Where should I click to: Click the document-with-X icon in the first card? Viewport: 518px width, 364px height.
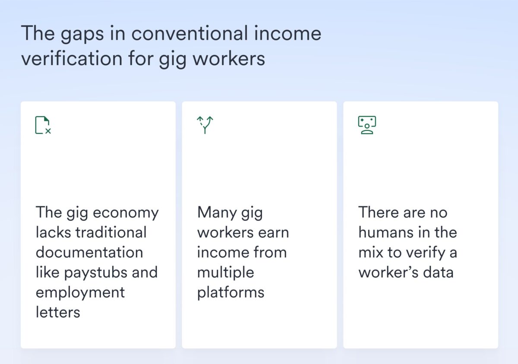click(43, 125)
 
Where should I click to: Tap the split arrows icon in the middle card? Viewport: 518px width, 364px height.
click(205, 125)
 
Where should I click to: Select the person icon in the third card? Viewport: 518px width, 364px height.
click(367, 125)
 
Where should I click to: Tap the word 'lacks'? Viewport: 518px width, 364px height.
click(53, 232)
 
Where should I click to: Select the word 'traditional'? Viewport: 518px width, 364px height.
click(111, 232)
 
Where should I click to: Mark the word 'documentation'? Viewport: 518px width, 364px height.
click(89, 252)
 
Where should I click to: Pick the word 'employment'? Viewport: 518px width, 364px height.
click(80, 292)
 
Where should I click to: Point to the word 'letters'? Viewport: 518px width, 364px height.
click(58, 312)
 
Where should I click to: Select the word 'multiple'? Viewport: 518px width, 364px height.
click(226, 272)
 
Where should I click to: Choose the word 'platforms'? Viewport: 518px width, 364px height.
click(231, 292)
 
